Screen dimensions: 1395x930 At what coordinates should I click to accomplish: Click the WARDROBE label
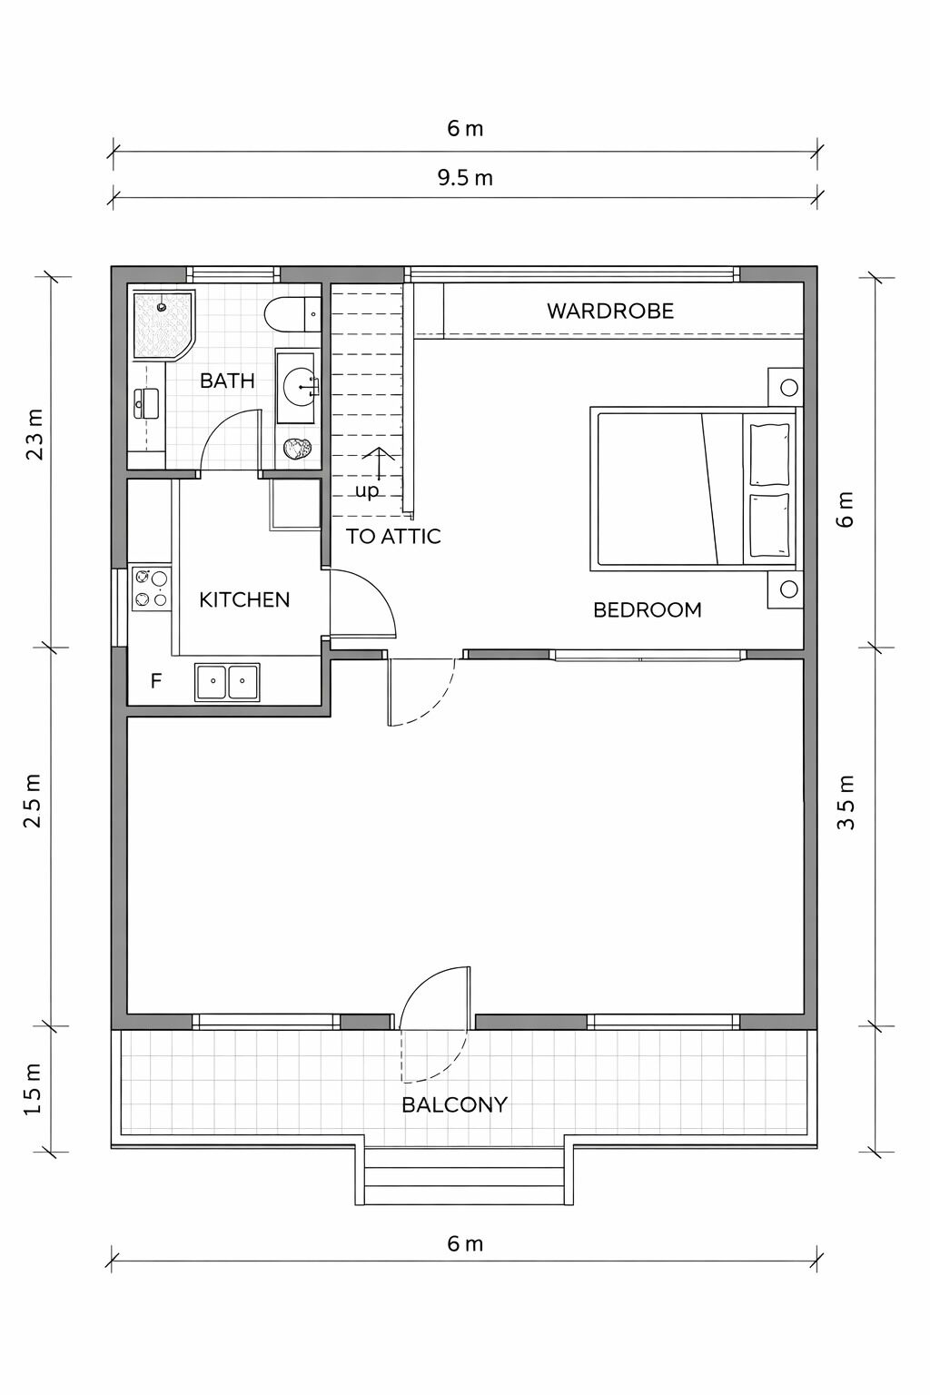[609, 311]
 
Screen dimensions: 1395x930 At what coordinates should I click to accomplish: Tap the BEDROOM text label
[647, 609]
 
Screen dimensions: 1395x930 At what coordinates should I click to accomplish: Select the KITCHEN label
[244, 599]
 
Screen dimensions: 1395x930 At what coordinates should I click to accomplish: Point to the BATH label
[227, 381]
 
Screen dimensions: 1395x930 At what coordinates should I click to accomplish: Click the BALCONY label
[454, 1104]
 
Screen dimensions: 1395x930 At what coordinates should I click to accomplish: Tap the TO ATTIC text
[393, 536]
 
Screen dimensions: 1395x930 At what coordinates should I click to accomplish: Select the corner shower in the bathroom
[163, 323]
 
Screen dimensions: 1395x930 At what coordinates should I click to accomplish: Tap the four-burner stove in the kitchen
[151, 588]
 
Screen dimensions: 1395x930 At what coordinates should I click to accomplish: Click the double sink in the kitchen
[227, 681]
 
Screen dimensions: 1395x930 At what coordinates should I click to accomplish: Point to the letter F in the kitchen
[156, 680]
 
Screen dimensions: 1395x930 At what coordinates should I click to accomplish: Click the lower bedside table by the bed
[786, 589]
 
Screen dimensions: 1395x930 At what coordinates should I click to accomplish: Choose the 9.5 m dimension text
[465, 177]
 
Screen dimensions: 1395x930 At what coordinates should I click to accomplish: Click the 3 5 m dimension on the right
[846, 802]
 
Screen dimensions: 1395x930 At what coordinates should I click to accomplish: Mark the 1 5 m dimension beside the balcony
[34, 1089]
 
